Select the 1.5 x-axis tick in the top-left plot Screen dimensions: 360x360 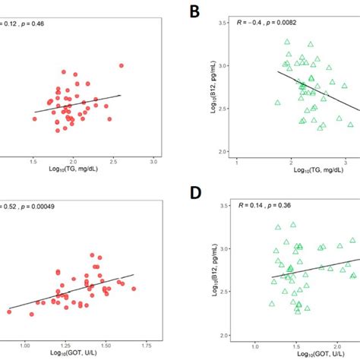click(x=33, y=162)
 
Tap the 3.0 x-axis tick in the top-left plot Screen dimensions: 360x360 click(x=153, y=162)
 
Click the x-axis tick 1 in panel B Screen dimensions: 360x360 click(x=237, y=162)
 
